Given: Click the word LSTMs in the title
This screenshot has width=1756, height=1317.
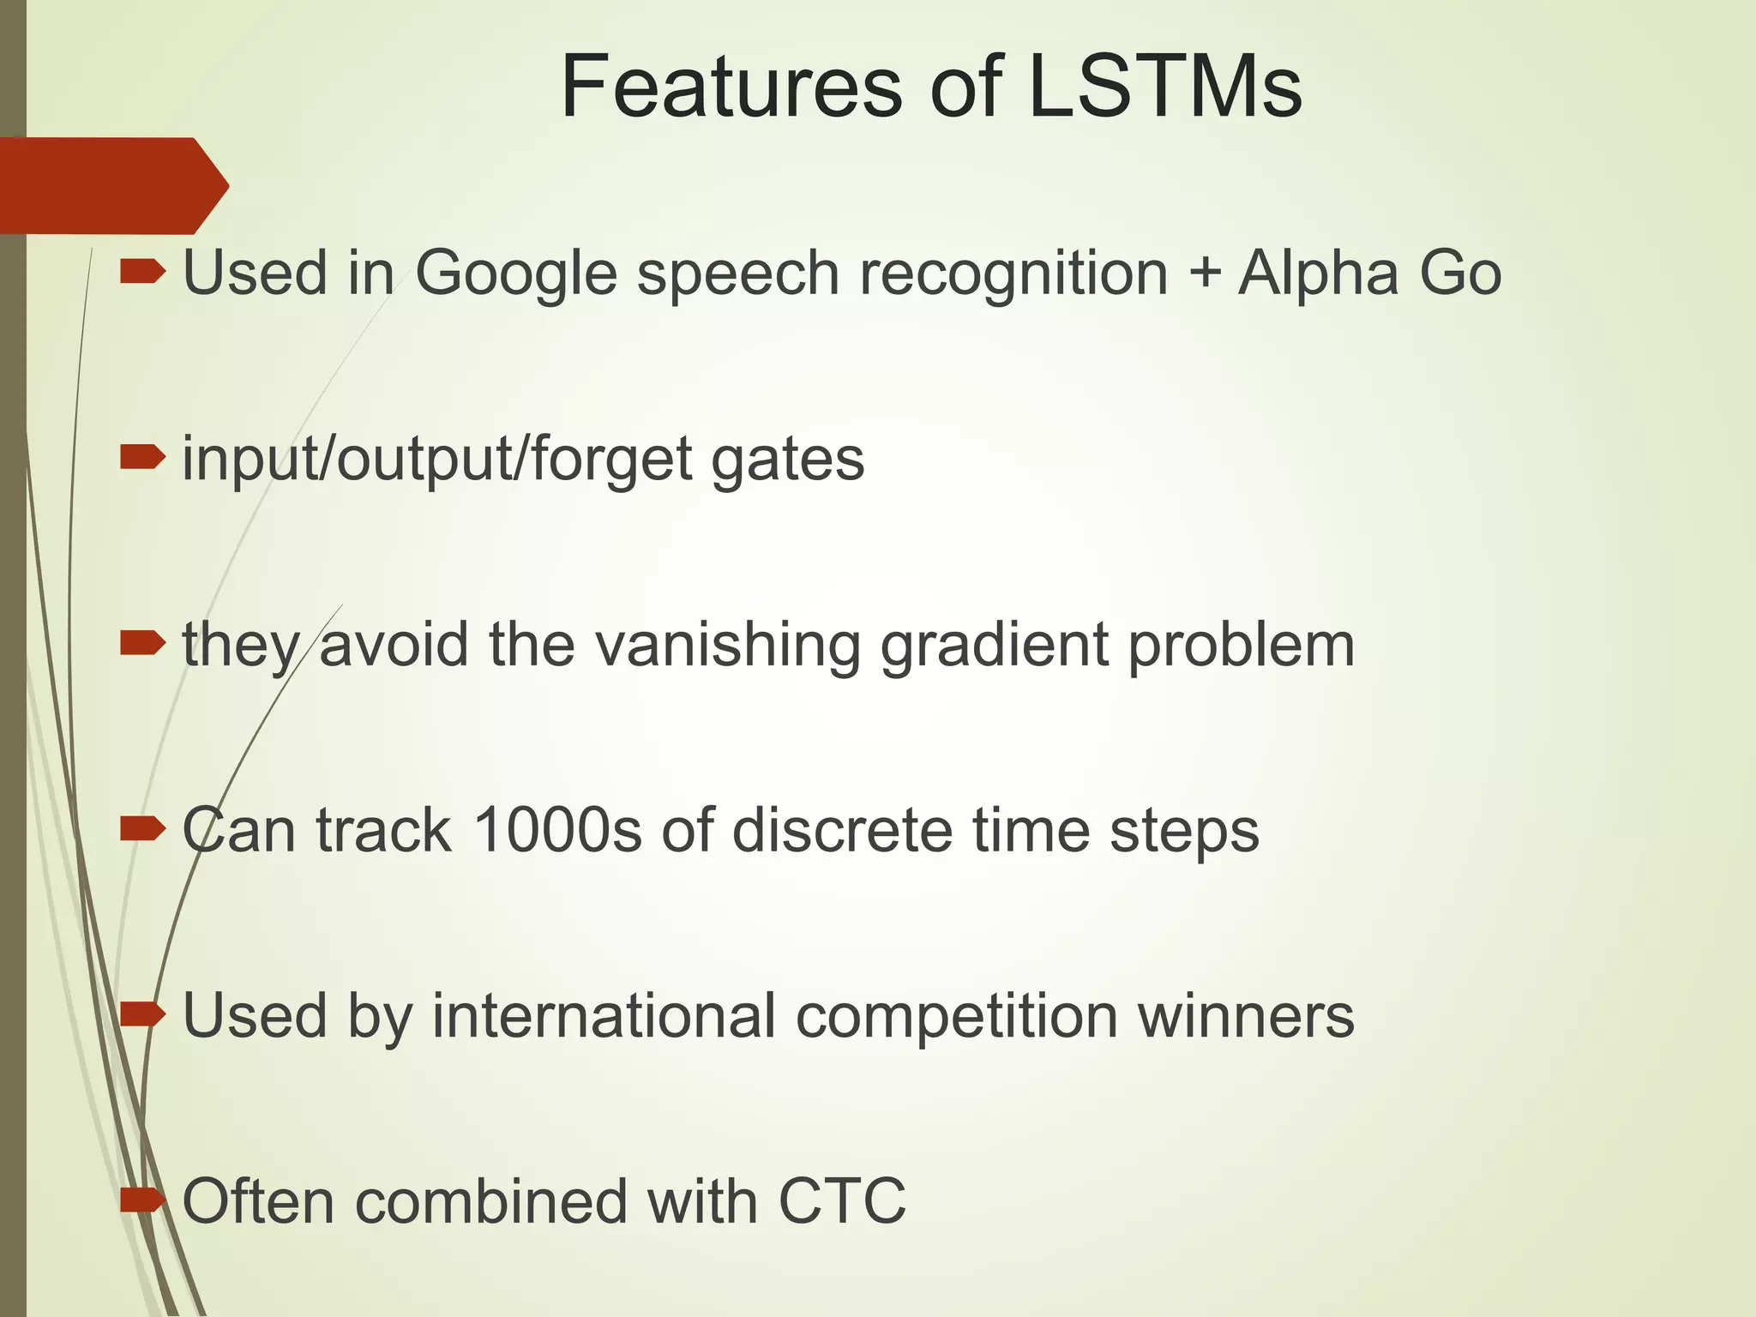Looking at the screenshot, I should click(1164, 87).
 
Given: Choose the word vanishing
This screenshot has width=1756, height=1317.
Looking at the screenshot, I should click(728, 645).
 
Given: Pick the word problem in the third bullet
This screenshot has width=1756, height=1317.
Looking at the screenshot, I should click(1241, 645).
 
